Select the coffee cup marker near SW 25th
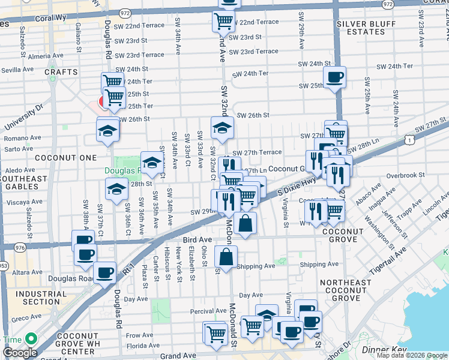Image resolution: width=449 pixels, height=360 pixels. [334, 77]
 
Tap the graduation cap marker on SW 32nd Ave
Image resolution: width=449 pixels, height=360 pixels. [222, 127]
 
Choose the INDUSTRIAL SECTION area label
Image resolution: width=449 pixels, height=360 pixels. [37, 298]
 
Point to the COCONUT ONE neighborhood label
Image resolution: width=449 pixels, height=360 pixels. [65, 158]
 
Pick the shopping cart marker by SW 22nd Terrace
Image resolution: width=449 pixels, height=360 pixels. [223, 22]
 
